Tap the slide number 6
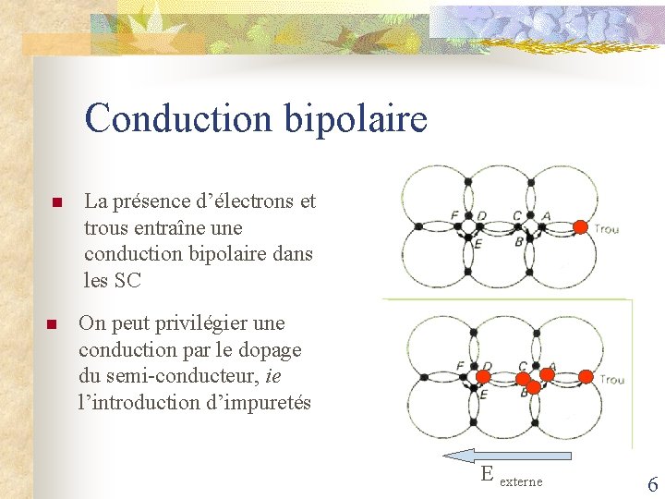point(652,484)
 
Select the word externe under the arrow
point(521,481)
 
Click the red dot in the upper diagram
point(580,226)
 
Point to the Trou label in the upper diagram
point(606,229)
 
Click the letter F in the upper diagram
point(454,215)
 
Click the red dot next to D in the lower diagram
point(482,377)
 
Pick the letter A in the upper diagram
point(546,215)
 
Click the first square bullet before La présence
point(55,202)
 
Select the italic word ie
point(272,377)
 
